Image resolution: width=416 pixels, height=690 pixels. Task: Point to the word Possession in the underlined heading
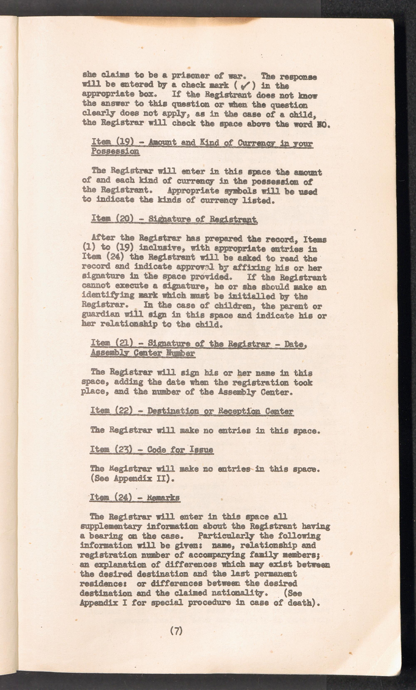tap(115, 152)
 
